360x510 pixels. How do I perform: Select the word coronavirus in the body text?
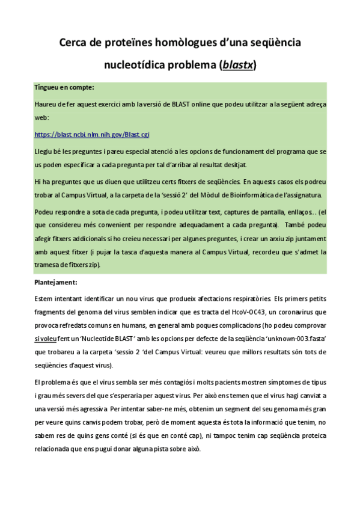tap(297, 312)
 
